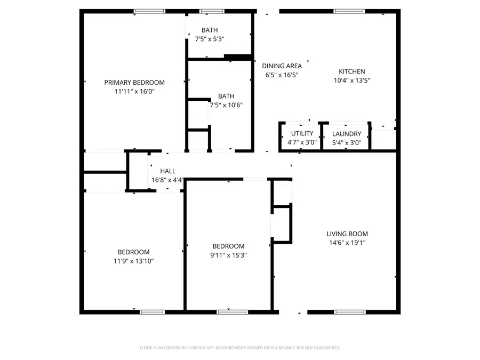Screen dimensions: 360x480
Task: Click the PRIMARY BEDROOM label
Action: (x=134, y=82)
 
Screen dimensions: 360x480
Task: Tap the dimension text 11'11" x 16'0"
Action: (x=134, y=91)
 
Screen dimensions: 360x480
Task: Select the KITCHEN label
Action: (x=352, y=71)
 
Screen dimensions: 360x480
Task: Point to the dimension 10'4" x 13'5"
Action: (x=352, y=81)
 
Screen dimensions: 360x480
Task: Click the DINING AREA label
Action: (x=282, y=66)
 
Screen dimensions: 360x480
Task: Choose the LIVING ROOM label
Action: (x=347, y=234)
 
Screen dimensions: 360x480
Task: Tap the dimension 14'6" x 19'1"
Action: (x=347, y=243)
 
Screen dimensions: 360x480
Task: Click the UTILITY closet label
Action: (x=302, y=133)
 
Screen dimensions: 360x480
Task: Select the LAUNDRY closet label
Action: (x=347, y=134)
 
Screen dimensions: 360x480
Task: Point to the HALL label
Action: (x=167, y=171)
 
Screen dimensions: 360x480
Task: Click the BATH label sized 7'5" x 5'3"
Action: (x=209, y=30)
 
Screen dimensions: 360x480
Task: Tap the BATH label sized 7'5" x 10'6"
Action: (x=226, y=96)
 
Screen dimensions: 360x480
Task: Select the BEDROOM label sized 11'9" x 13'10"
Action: (x=133, y=252)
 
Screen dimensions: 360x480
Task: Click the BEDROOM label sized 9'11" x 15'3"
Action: (x=228, y=246)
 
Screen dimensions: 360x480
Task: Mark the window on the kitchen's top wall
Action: (x=349, y=11)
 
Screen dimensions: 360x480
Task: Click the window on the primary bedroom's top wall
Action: (x=149, y=11)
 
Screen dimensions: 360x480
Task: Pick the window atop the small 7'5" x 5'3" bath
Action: (x=211, y=11)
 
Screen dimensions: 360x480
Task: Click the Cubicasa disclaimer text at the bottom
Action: (x=240, y=348)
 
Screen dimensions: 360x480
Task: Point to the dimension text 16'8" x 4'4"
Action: (x=169, y=180)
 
